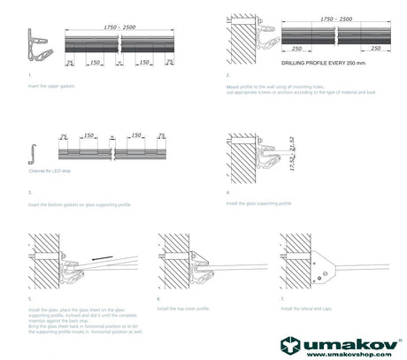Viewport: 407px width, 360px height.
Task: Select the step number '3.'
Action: coord(30,191)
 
